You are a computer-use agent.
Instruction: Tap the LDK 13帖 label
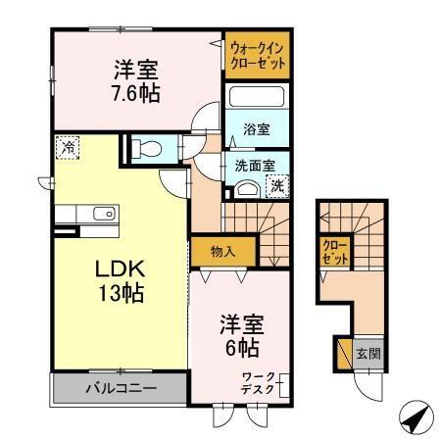coord(120,280)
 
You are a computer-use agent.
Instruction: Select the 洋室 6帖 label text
coord(240,333)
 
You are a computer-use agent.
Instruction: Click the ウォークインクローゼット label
coord(258,54)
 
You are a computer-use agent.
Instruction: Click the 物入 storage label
coord(222,251)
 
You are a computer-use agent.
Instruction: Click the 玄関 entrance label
coord(367,354)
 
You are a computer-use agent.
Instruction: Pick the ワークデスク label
coord(259,383)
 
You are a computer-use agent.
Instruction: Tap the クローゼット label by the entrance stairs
coord(333,252)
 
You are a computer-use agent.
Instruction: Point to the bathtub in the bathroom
coord(255,99)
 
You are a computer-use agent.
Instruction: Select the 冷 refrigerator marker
coord(68,148)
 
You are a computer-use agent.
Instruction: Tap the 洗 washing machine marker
coord(277,184)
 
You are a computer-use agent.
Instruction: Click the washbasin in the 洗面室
coord(247,189)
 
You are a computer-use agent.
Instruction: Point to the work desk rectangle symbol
coord(284,384)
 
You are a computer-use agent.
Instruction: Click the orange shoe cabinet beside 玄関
coord(343,353)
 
